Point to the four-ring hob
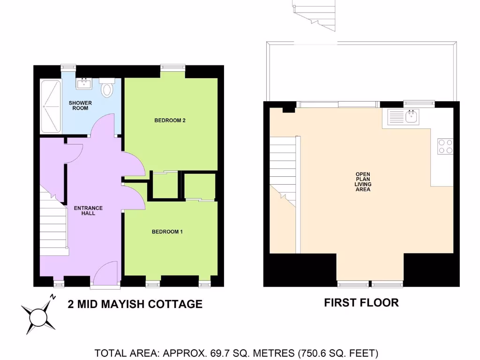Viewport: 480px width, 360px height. click(445, 146)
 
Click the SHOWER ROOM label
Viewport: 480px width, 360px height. click(80, 105)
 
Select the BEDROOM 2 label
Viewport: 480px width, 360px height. click(170, 120)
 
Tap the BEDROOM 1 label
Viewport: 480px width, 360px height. click(167, 232)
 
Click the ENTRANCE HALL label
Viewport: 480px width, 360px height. click(88, 210)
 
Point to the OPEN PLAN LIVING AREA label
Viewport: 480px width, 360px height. click(363, 182)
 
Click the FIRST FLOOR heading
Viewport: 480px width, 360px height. click(361, 303)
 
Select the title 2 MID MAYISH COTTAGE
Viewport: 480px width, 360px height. click(135, 304)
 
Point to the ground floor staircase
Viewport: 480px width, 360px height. click(53, 225)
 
